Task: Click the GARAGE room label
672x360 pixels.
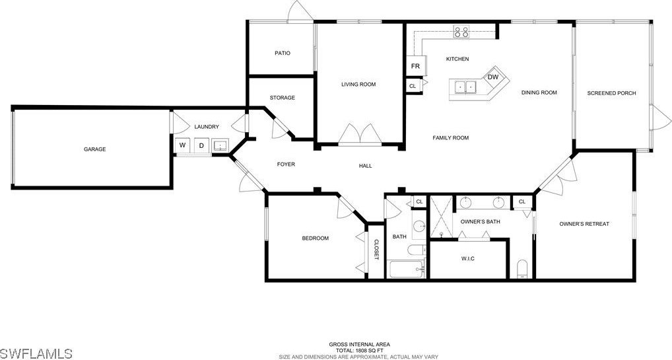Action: [x=94, y=149]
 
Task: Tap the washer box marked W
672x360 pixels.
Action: [x=183, y=145]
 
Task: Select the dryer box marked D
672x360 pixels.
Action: [x=201, y=145]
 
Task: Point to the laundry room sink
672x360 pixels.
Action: [x=220, y=145]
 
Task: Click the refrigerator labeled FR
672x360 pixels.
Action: [x=415, y=66]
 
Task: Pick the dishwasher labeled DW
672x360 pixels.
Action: [x=493, y=77]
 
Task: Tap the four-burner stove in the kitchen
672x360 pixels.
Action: [x=461, y=31]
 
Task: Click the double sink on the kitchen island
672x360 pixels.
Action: [x=465, y=87]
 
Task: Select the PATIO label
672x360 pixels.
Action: [x=283, y=54]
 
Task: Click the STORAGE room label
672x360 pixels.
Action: [x=283, y=98]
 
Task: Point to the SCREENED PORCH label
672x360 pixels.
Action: [x=611, y=93]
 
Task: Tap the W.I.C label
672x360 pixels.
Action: [x=468, y=259]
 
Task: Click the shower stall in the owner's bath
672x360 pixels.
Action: [x=441, y=216]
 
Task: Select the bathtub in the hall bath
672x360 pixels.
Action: [x=407, y=269]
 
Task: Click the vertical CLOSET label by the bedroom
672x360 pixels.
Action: [x=377, y=249]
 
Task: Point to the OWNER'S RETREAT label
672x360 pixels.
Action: [x=584, y=224]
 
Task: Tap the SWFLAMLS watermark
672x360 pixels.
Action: [x=36, y=353]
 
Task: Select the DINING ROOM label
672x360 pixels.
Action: [x=539, y=92]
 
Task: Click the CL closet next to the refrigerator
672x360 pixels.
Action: [x=413, y=86]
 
